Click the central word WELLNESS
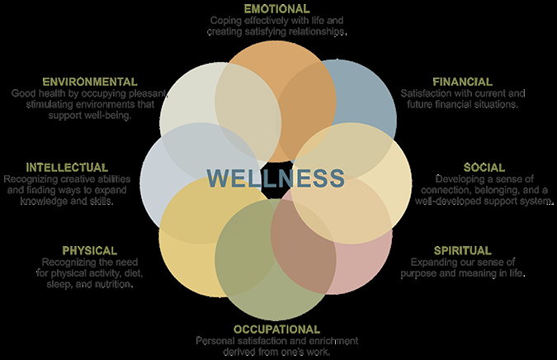click(276, 178)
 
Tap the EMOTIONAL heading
click(276, 8)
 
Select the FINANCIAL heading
click(462, 82)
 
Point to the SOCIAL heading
click(484, 168)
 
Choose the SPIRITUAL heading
click(462, 250)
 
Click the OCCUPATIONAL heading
click(276, 329)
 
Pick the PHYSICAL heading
click(89, 250)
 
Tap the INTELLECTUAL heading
click(67, 168)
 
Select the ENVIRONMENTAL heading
click(90, 82)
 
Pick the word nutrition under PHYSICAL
click(116, 284)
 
